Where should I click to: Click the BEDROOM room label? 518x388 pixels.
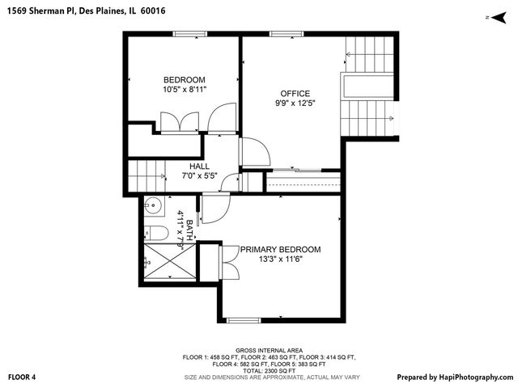point(185,79)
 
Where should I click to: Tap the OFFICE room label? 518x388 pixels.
point(295,93)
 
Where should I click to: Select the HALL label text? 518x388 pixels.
point(200,167)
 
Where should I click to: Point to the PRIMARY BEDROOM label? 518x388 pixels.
point(279,250)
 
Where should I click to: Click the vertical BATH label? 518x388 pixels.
point(189,229)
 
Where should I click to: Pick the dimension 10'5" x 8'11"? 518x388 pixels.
point(185,90)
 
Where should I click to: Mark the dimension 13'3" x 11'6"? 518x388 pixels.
point(279,260)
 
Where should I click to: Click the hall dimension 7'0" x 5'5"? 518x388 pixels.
point(200,176)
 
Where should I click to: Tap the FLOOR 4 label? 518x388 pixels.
point(22,377)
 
